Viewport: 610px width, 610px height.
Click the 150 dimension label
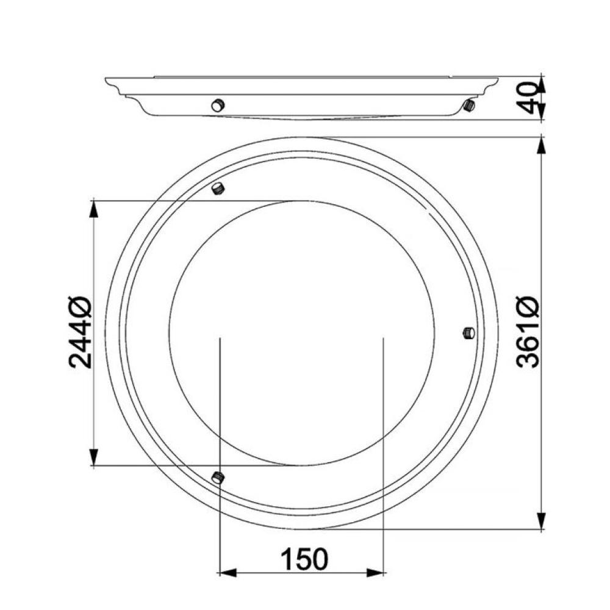tap(304, 559)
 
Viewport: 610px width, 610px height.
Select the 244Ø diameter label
tap(80, 332)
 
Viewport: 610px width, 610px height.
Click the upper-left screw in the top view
tap(218, 188)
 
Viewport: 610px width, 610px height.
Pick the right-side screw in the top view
tap(469, 333)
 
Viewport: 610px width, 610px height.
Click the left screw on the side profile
tap(218, 105)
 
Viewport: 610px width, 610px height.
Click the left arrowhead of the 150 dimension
tap(228, 572)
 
